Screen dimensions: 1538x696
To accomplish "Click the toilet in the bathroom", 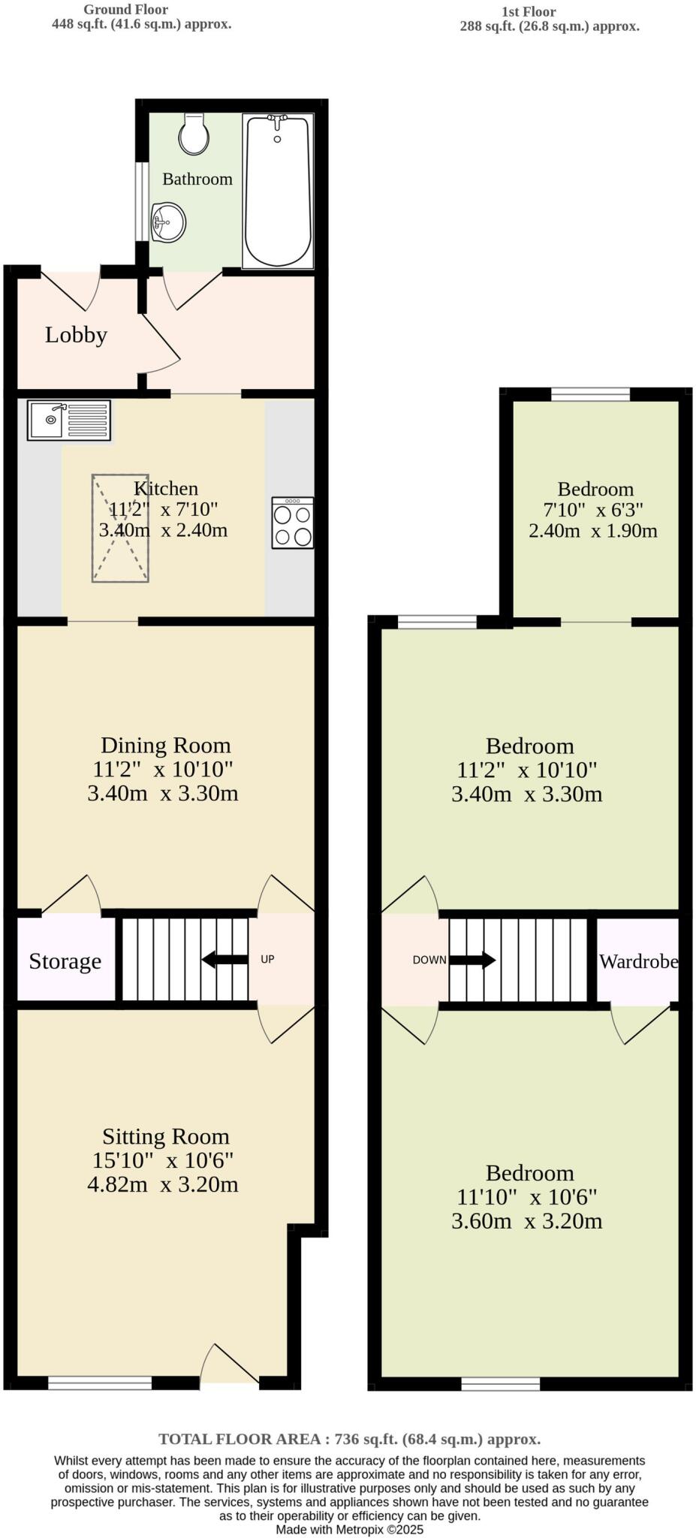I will point(194,134).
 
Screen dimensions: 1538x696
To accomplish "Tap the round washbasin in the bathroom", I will point(168,222).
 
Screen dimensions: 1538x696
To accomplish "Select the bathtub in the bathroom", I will point(278,191).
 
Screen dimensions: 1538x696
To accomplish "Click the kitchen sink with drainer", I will point(69,420).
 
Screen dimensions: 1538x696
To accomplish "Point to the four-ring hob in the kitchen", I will point(293,523).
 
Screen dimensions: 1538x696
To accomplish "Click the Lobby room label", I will point(76,335).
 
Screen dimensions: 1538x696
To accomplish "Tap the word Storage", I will point(65,961).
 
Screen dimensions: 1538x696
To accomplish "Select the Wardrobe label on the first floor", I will point(638,961).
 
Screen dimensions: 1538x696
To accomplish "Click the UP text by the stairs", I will point(267,959).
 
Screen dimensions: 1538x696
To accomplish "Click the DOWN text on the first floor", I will point(429,960).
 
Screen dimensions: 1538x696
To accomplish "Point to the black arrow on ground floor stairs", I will point(224,959).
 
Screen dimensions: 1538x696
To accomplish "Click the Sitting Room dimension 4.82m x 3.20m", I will point(163,1184).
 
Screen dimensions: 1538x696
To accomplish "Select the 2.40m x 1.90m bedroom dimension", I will point(593,531).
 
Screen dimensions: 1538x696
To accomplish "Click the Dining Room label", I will point(166,745).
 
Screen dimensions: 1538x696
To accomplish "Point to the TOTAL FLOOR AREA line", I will point(349,1439).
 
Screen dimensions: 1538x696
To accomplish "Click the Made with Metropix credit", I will point(349,1529).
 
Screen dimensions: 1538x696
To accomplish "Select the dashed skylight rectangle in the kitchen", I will point(120,528).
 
